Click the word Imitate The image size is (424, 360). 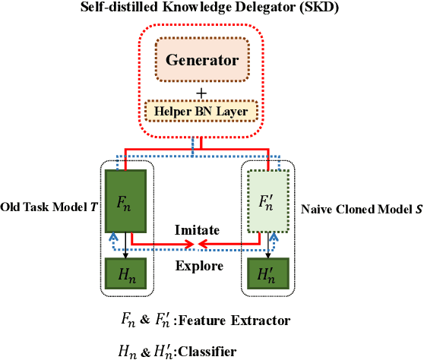(x=198, y=229)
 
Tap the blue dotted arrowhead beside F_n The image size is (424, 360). (x=113, y=236)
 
